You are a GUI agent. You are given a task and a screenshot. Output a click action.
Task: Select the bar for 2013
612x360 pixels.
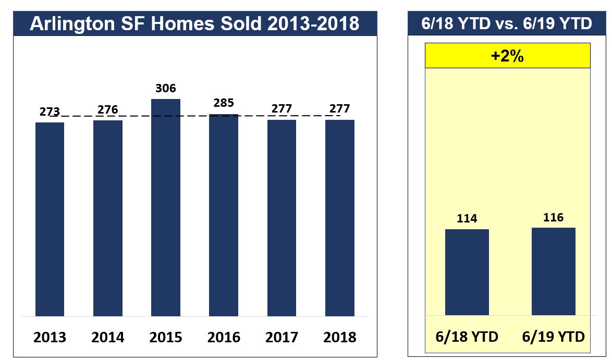(x=50, y=219)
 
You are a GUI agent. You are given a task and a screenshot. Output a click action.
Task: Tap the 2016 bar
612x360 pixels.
(x=224, y=215)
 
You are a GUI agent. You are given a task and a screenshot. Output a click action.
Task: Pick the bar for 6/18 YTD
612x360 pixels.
(x=467, y=272)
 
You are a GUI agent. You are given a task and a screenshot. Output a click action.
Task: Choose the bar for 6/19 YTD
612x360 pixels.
(x=554, y=271)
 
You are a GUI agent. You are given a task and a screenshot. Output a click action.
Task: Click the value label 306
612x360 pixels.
(x=166, y=89)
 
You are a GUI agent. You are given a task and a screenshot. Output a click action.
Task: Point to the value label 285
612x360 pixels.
(x=224, y=103)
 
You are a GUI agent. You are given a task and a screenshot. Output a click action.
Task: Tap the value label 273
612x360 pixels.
(x=50, y=112)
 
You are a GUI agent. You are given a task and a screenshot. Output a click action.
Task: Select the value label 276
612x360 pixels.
(x=108, y=110)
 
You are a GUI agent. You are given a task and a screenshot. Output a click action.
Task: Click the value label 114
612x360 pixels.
(x=467, y=219)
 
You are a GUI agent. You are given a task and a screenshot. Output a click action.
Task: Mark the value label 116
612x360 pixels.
(x=554, y=217)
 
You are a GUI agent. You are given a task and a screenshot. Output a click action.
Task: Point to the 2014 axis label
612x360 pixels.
(x=108, y=337)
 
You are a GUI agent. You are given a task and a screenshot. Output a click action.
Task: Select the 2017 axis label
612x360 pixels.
(x=282, y=337)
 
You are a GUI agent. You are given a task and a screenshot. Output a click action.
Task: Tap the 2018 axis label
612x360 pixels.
(x=340, y=337)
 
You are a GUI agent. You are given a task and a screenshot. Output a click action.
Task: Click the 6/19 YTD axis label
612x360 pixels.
(x=554, y=337)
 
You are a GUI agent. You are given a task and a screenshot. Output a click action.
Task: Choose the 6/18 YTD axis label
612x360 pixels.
(x=467, y=337)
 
